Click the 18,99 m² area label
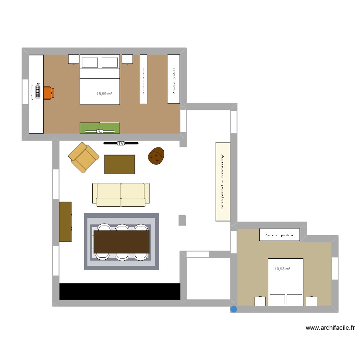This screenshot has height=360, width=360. point(104,94)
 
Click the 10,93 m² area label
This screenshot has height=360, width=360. point(282,269)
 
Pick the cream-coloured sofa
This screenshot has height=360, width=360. point(120,194)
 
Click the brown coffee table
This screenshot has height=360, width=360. point(120,164)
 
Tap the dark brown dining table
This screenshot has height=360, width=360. point(121,241)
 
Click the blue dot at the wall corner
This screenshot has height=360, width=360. point(234,310)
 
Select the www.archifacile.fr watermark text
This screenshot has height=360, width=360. point(330,328)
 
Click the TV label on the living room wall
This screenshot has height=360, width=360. point(120,143)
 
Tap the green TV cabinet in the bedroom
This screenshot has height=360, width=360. point(99,128)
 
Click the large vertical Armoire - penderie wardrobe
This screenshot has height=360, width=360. point(223,181)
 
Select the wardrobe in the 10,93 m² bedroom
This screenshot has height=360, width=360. point(279,235)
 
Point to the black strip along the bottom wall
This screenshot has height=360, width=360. point(120,291)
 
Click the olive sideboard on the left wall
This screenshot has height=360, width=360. point(65,221)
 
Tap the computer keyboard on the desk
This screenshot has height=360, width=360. point(37,92)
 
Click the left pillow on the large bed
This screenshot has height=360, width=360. point(90,62)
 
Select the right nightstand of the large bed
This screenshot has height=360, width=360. point(127,59)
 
